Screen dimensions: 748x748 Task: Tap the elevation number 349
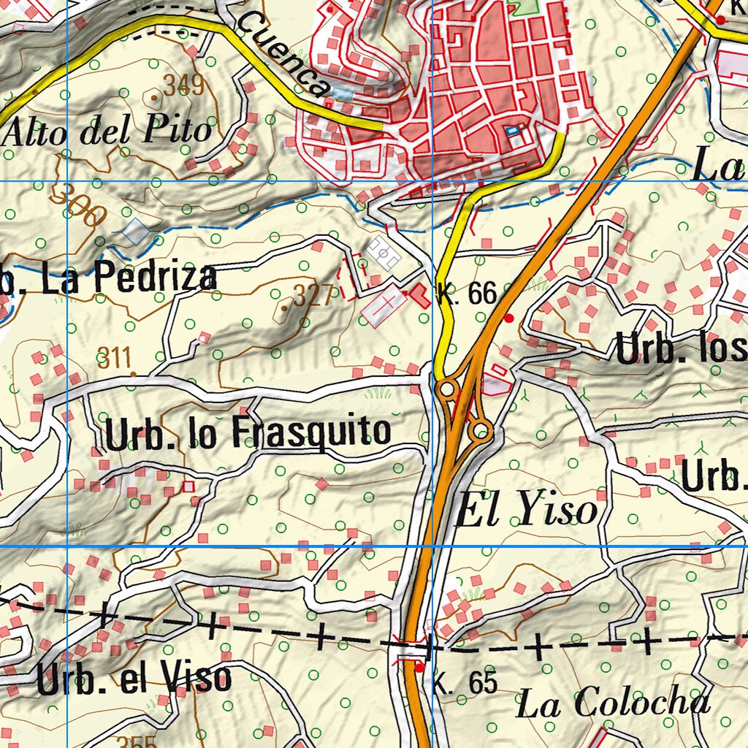point(183,85)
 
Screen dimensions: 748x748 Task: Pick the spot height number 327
point(313,295)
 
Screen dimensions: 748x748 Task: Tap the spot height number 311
point(115,358)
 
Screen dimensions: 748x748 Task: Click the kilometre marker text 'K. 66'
point(467,294)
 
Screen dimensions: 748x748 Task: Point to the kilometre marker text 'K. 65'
point(465,684)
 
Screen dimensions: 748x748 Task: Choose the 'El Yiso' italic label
point(526,511)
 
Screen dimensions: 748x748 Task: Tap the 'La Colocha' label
point(612,703)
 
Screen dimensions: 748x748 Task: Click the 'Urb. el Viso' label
point(134,679)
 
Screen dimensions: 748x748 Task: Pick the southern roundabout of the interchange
point(480,431)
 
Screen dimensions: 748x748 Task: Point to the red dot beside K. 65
point(419,666)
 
